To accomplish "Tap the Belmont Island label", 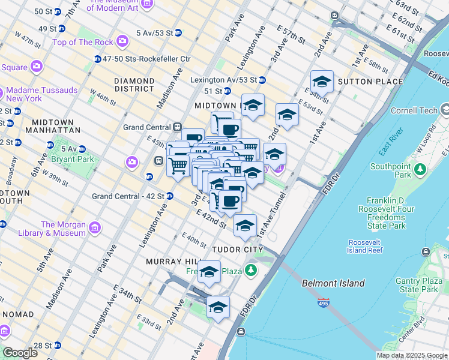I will [x=333, y=283].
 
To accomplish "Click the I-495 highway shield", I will [x=324, y=304].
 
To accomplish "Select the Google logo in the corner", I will [x=20, y=353].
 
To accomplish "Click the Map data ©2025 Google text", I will [x=411, y=355].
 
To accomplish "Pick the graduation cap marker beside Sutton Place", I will [x=322, y=82].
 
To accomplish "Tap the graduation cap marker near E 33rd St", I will [x=218, y=307].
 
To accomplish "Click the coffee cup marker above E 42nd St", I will [x=230, y=201].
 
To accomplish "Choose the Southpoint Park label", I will [x=390, y=170].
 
